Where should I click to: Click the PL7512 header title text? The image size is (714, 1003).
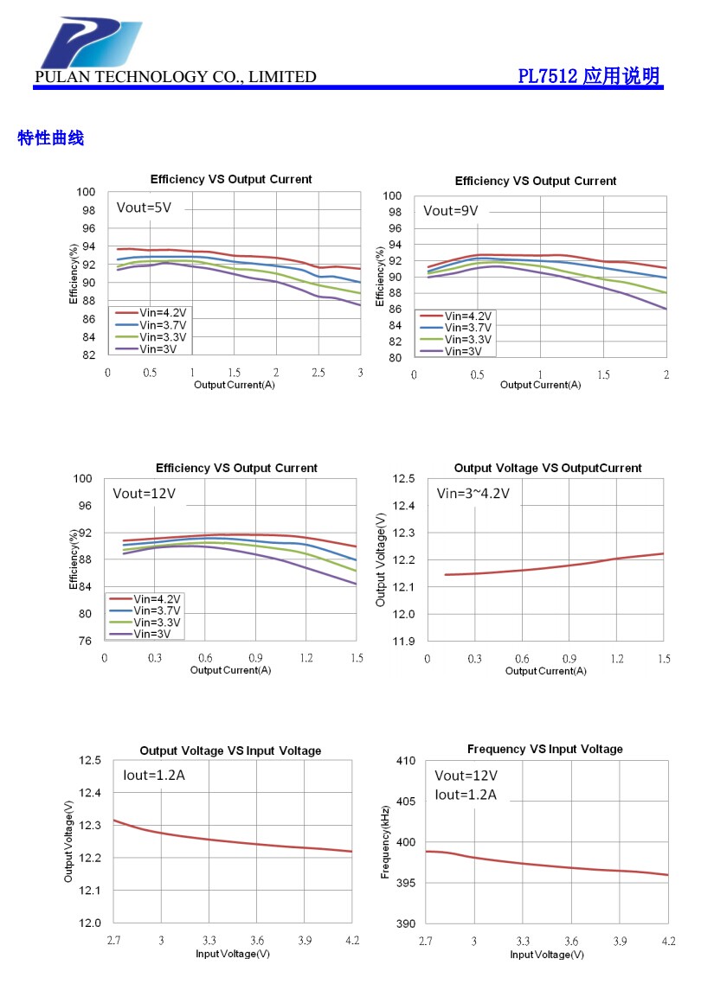click(x=589, y=76)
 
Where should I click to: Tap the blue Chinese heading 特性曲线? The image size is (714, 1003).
click(x=51, y=138)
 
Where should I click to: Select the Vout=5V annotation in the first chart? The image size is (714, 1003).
click(x=145, y=208)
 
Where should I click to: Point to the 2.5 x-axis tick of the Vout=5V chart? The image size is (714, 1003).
click(x=318, y=373)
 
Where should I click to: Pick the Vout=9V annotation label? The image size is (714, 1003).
click(x=450, y=210)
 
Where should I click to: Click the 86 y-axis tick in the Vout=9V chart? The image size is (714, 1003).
click(x=395, y=309)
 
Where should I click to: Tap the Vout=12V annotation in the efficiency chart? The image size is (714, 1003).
click(x=144, y=494)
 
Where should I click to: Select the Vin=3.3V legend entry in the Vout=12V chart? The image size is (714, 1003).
click(x=157, y=623)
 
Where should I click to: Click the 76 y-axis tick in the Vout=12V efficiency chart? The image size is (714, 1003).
click(x=85, y=642)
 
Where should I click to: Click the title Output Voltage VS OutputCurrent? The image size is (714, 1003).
click(x=548, y=468)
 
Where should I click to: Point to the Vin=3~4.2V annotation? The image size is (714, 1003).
click(x=473, y=494)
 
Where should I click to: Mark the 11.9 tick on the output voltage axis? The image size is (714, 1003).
click(x=403, y=642)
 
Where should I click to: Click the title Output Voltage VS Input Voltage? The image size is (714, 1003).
click(x=230, y=751)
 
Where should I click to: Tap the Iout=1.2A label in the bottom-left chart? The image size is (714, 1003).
click(x=153, y=776)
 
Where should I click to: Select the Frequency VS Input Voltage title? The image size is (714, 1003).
click(x=544, y=749)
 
